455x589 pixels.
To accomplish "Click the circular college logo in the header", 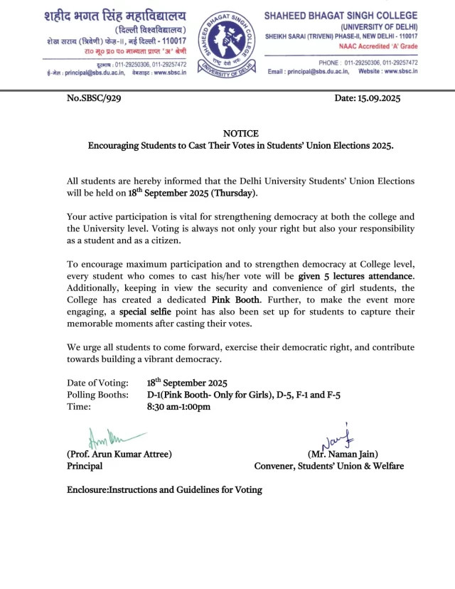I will point(227,44).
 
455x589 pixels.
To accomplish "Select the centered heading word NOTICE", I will point(241,134).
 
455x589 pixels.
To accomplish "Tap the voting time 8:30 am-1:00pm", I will point(178,407).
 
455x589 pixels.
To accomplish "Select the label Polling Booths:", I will point(97,395).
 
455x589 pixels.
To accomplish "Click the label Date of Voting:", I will point(97,383).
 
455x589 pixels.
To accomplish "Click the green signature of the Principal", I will point(107,436).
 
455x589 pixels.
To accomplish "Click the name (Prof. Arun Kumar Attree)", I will point(119,454).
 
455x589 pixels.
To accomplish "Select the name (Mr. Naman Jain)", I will point(343,454).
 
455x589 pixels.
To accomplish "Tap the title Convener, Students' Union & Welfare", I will point(329,466).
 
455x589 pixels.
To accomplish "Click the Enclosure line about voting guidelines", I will point(164,490).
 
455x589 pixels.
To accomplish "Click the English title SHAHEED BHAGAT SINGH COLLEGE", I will point(341,16).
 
